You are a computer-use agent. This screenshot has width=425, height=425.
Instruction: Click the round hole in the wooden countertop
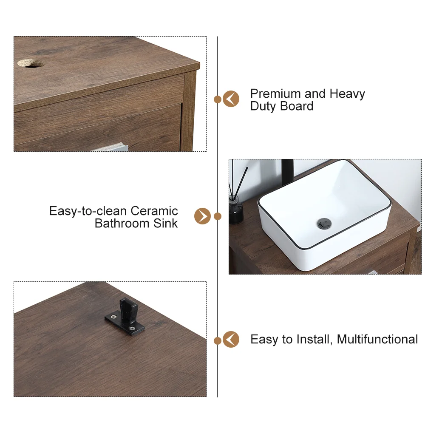tap(31, 63)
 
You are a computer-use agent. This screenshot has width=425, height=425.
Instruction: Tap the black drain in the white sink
tap(324, 224)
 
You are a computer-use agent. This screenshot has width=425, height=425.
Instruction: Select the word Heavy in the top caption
tap(347, 94)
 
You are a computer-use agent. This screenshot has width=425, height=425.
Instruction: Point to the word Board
tap(297, 106)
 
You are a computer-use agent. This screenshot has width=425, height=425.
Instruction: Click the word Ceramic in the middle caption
tap(154, 211)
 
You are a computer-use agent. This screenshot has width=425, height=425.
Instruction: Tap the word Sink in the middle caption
tap(165, 224)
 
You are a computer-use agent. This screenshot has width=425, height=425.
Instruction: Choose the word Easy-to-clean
tap(88, 211)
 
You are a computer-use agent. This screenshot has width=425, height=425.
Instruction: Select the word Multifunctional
tap(377, 339)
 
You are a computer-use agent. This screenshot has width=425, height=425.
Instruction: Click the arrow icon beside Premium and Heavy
tap(231, 99)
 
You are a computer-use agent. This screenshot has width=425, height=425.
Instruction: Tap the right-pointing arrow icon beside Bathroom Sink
tap(202, 216)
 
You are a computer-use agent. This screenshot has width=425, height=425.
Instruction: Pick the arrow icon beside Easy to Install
tap(231, 339)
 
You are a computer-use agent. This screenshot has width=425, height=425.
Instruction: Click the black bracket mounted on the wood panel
tap(125, 317)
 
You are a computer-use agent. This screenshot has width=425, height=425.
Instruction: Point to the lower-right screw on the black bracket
tap(132, 329)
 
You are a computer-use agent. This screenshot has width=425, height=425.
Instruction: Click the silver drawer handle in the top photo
tap(111, 147)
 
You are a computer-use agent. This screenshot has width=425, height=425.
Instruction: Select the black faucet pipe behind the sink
tap(288, 172)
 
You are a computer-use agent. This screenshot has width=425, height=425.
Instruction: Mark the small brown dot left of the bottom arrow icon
tap(217, 341)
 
